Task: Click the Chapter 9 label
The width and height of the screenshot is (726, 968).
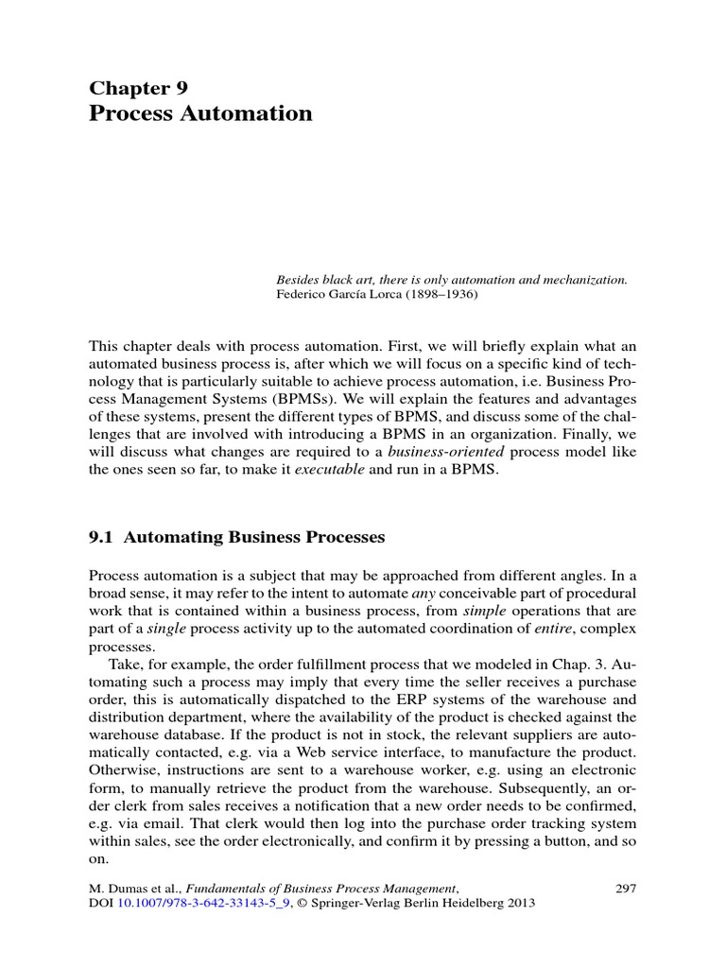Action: pos(138,88)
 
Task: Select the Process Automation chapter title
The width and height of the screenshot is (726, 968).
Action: pos(200,114)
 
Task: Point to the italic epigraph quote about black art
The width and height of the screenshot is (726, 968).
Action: pos(452,280)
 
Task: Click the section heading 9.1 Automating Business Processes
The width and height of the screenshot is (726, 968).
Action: pos(236,537)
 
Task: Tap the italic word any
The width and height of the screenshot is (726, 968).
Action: pos(423,594)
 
